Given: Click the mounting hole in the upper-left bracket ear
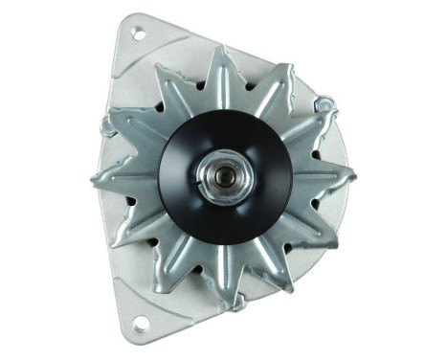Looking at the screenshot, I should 138,34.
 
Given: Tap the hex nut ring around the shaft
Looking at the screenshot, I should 223,169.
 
